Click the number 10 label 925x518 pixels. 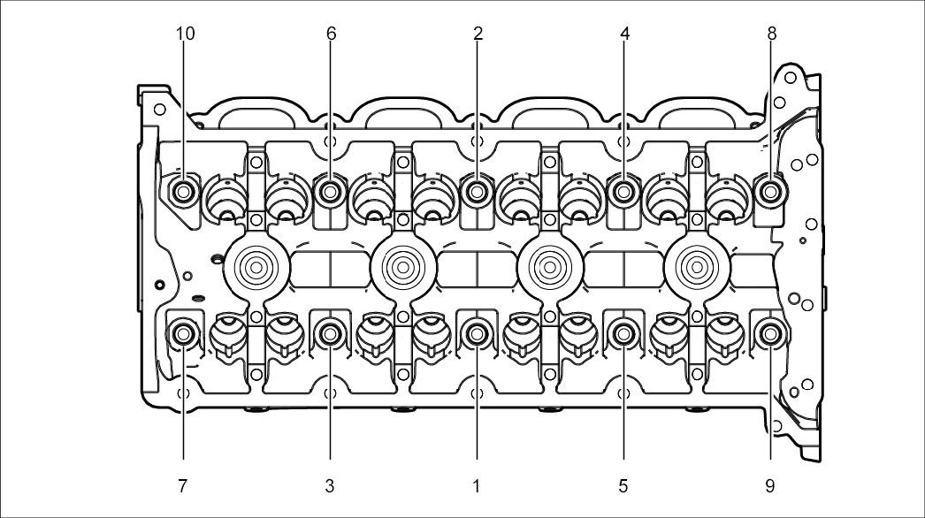click(x=186, y=34)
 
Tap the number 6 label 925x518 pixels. click(x=331, y=34)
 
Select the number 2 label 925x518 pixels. click(x=478, y=34)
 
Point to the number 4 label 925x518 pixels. click(x=624, y=34)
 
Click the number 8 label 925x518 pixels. click(x=771, y=34)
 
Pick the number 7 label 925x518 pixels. click(x=183, y=485)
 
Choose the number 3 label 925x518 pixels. click(x=330, y=485)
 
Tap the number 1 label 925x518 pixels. click(x=477, y=485)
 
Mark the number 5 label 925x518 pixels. click(x=623, y=485)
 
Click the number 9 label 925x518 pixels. click(x=770, y=485)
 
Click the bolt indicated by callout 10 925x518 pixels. click(x=184, y=191)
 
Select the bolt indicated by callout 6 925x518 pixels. click(x=331, y=191)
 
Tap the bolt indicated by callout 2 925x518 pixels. click(x=478, y=191)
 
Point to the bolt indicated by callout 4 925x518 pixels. click(x=624, y=191)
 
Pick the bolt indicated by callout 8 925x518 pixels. click(x=771, y=191)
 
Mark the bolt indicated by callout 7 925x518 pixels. click(x=184, y=334)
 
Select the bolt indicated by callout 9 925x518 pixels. click(x=769, y=334)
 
